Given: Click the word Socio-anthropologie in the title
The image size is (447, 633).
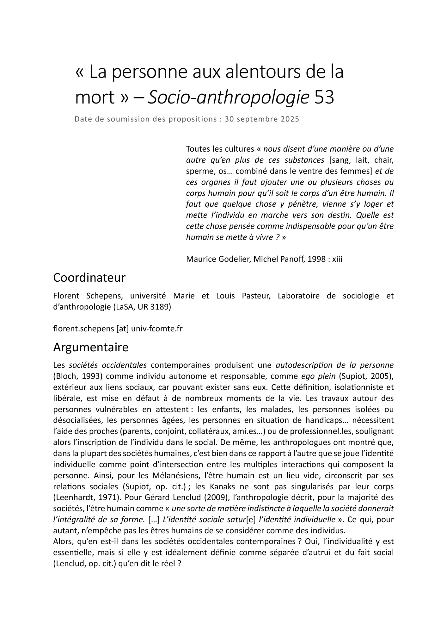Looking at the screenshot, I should point(228,98).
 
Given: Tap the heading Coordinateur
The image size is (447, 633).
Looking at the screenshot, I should point(89,278).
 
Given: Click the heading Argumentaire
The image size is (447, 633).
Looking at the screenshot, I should point(91,347).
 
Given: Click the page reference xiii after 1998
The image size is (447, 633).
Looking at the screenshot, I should point(337,259).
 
